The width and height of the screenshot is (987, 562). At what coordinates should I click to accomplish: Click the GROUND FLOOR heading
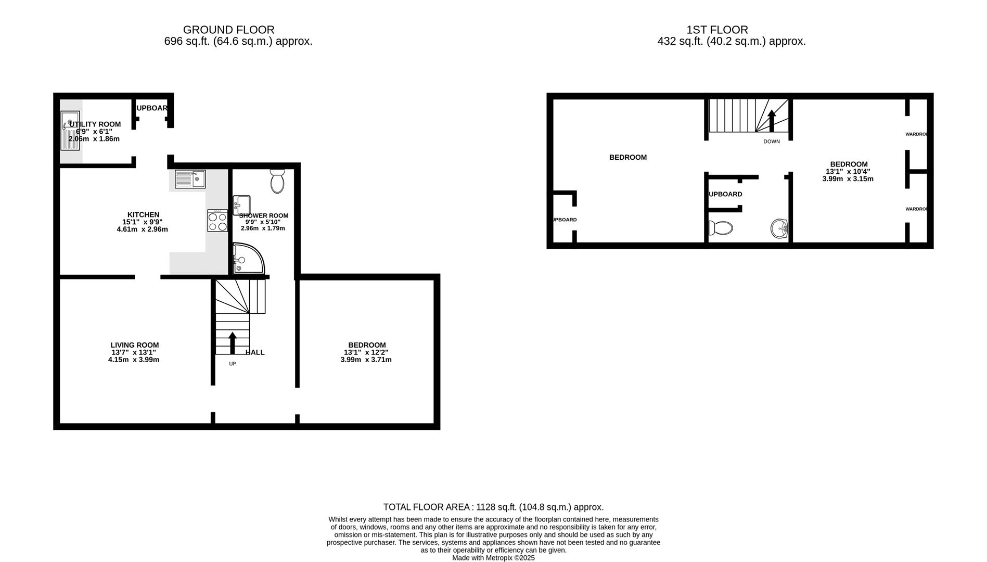click(x=228, y=30)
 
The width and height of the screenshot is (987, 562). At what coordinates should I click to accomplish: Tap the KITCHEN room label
click(x=143, y=214)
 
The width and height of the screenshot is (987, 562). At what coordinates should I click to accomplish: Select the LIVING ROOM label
click(x=135, y=345)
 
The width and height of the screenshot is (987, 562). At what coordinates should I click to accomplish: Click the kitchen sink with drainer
click(x=190, y=180)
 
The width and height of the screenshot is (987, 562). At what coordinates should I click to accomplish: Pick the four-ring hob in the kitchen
click(x=217, y=221)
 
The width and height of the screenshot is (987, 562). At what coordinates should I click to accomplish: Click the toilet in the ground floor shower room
click(x=277, y=181)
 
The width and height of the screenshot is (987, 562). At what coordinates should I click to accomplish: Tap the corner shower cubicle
click(x=247, y=259)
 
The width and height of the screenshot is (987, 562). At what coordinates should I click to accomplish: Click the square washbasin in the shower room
click(x=242, y=205)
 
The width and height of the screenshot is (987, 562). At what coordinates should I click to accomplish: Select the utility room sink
click(x=70, y=130)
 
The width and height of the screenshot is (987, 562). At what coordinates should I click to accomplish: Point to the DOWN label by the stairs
click(x=772, y=142)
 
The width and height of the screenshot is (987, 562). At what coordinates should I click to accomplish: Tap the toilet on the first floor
click(x=721, y=227)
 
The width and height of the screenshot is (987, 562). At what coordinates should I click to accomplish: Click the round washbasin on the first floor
click(x=779, y=228)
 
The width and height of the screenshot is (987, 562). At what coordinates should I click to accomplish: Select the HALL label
click(x=255, y=352)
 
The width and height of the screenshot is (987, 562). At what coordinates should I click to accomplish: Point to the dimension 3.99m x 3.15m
click(x=848, y=178)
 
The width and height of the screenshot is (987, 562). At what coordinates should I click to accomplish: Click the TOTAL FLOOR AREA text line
click(x=493, y=507)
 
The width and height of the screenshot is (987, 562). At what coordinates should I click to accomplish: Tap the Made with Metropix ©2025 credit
click(x=493, y=558)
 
